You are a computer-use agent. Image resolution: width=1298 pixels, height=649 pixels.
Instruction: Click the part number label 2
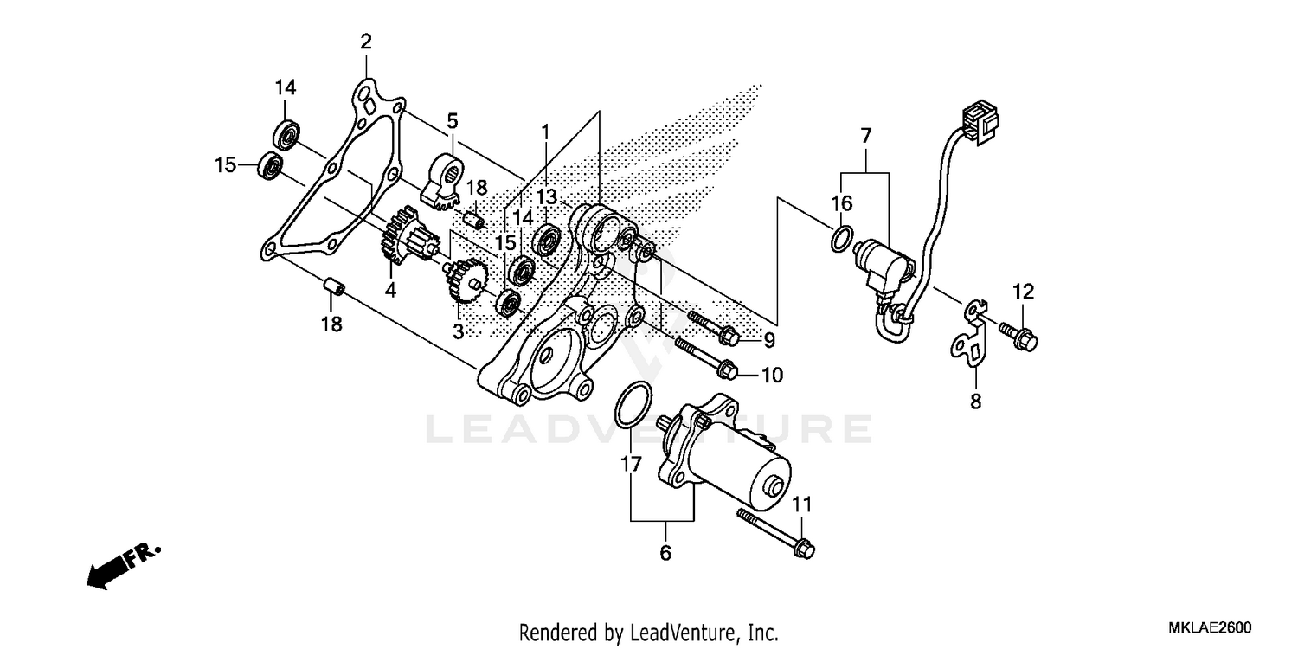coord(366,42)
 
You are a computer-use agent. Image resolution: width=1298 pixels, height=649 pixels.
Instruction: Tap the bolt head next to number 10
coord(728,369)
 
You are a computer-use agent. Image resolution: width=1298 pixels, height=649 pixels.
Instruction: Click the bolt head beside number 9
coord(728,334)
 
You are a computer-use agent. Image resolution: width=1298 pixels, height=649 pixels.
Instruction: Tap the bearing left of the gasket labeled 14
coord(286,136)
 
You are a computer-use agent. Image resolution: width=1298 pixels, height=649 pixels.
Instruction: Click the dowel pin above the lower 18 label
coord(334,287)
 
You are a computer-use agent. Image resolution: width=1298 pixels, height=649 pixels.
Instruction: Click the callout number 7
coord(866,135)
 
